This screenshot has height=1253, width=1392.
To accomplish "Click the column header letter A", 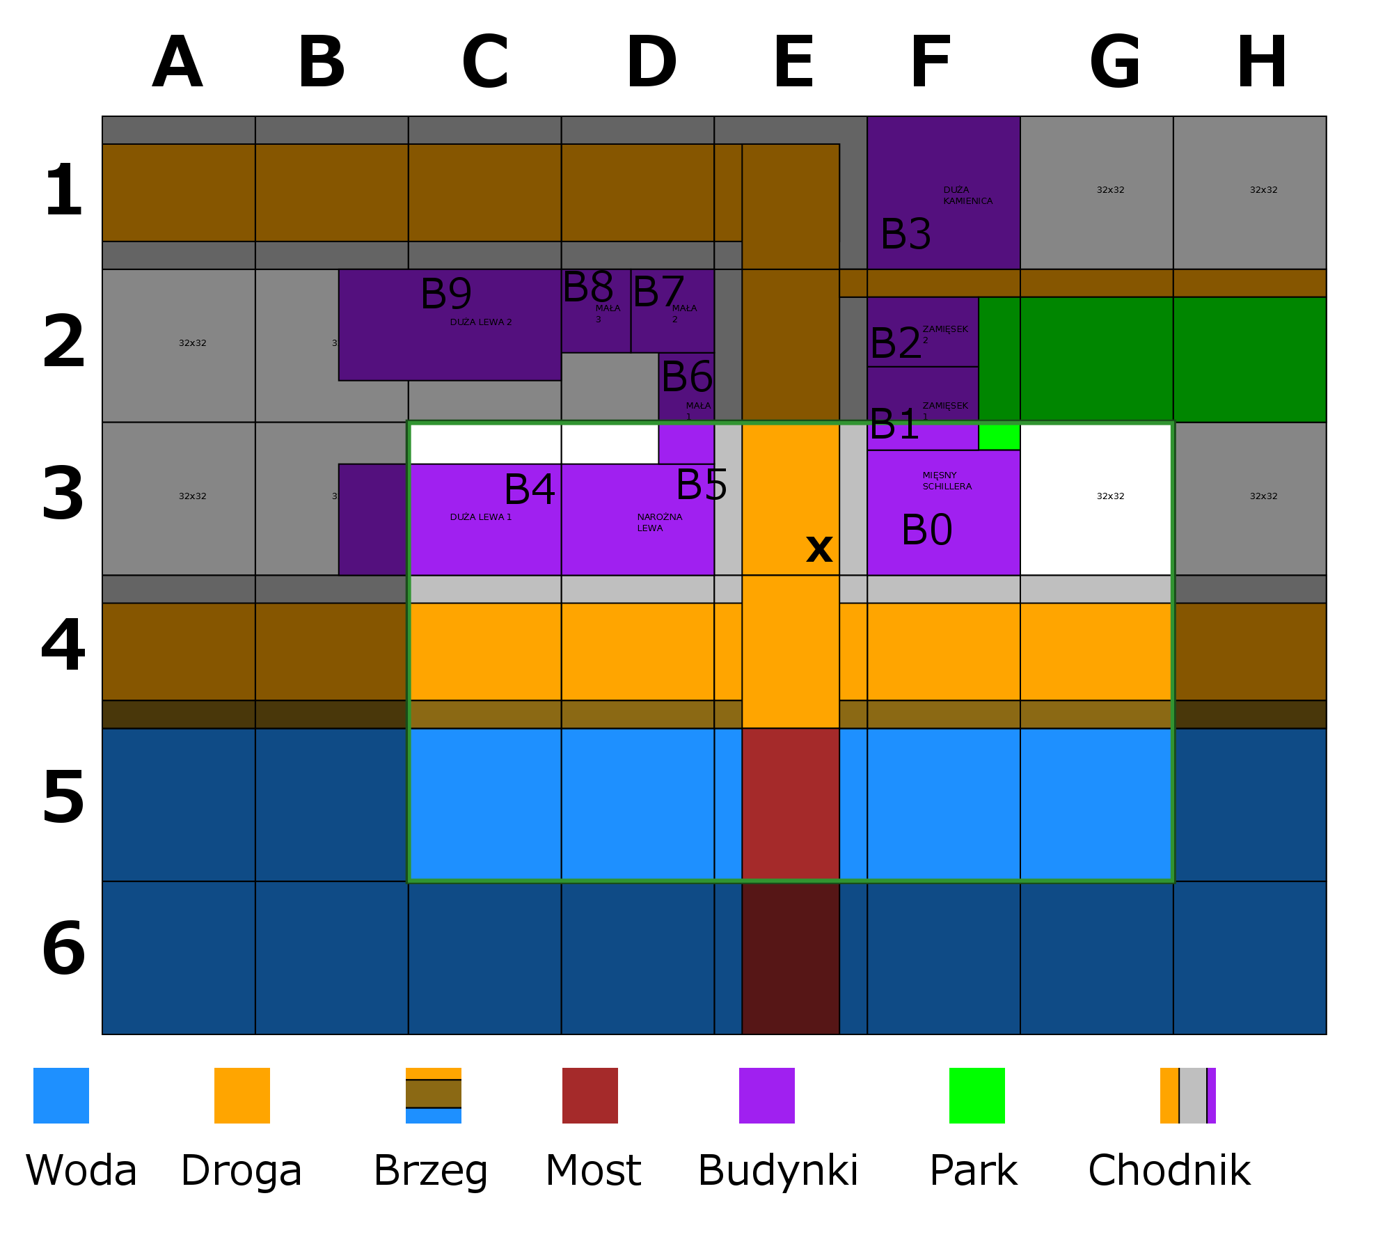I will pyautogui.click(x=177, y=63).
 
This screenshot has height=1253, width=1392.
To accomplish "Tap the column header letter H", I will pyautogui.click(x=1262, y=63).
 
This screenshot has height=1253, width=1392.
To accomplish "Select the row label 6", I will pyautogui.click(x=63, y=948).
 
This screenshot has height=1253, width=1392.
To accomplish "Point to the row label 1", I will pyautogui.click(x=63, y=190).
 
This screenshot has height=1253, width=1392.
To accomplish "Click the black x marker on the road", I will pyautogui.click(x=819, y=549).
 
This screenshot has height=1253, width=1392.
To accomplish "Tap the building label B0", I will pyautogui.click(x=926, y=530).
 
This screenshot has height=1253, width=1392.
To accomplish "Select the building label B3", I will pyautogui.click(x=905, y=234).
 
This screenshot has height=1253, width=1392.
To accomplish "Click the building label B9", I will pyautogui.click(x=446, y=294).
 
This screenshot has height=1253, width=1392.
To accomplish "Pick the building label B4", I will pyautogui.click(x=530, y=489).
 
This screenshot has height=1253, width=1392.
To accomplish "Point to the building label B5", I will pyautogui.click(x=702, y=484).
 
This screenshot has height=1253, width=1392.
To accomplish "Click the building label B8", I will pyautogui.click(x=588, y=287).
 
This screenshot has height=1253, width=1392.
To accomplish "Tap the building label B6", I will pyautogui.click(x=687, y=377).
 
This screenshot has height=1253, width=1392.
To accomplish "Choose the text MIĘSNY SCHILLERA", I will pyautogui.click(x=947, y=481).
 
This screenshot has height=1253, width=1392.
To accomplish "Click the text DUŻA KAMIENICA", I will pyautogui.click(x=967, y=196).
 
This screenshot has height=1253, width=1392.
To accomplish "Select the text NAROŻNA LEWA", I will pyautogui.click(x=659, y=523).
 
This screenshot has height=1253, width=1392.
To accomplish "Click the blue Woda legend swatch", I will pyautogui.click(x=61, y=1096).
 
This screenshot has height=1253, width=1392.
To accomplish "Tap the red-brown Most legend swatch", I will pyautogui.click(x=590, y=1096).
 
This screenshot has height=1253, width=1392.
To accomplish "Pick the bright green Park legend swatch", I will pyautogui.click(x=977, y=1096).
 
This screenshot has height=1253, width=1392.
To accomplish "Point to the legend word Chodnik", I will pyautogui.click(x=1169, y=1171).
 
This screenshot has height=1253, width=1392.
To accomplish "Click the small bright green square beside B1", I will pyautogui.click(x=999, y=437).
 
